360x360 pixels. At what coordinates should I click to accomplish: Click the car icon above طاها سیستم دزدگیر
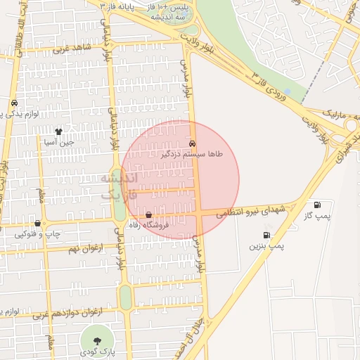pyautogui.click(x=192, y=143)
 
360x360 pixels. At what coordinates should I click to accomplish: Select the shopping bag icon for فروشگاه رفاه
pyautogui.click(x=148, y=214)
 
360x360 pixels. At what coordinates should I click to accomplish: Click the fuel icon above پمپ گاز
pyautogui.click(x=317, y=205)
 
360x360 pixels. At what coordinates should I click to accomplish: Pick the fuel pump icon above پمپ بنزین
pyautogui.click(x=266, y=235)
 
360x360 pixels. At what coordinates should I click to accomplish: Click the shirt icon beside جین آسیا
pyautogui.click(x=59, y=131)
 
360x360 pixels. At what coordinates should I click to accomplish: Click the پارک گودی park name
pyautogui.click(x=93, y=351)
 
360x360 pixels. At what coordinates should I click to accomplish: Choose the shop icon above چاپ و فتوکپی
pyautogui.click(x=37, y=223)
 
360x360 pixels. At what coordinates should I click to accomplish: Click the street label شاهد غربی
pyautogui.click(x=67, y=49)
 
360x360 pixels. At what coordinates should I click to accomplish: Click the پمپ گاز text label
pyautogui.click(x=318, y=215)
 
